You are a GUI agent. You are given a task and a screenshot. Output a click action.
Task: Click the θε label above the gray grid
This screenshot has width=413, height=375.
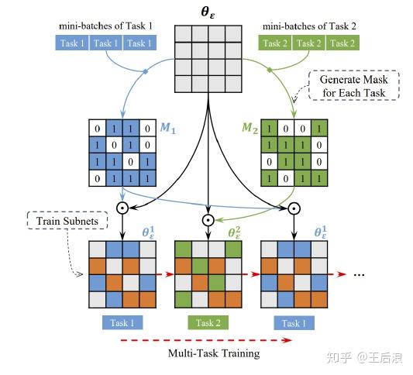click(207, 13)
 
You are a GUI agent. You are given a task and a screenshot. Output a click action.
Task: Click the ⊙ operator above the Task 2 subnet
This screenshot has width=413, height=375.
click(207, 219)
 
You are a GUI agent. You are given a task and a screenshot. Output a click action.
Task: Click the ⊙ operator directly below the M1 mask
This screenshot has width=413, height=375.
click(122, 209)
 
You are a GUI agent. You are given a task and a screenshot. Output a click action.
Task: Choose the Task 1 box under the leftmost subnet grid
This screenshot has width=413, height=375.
click(121, 322)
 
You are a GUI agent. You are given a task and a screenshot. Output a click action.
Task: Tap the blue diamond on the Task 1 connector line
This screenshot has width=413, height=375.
click(145, 73)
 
